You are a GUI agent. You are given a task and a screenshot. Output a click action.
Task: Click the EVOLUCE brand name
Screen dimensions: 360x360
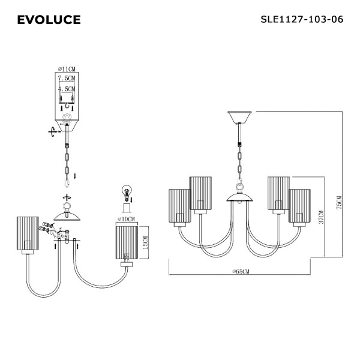click(49, 20)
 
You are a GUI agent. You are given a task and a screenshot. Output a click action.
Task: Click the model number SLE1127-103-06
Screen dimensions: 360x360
click(302, 19)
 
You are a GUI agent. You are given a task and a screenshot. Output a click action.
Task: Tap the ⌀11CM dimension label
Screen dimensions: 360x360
click(67, 69)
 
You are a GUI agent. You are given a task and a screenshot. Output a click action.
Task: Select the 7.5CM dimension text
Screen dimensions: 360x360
click(67, 78)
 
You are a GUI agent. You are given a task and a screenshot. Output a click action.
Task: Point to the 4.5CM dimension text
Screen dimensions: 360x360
click(67, 89)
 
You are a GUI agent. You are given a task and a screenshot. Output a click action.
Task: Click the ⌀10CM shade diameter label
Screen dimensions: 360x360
click(125, 219)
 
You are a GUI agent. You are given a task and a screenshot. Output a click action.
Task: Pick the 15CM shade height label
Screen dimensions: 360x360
click(146, 242)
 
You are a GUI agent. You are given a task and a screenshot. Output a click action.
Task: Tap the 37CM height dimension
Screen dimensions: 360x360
click(321, 217)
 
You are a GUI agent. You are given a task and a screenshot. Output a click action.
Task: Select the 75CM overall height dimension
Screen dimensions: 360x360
click(339, 203)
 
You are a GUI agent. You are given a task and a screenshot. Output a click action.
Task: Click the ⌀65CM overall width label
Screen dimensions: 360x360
click(241, 272)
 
